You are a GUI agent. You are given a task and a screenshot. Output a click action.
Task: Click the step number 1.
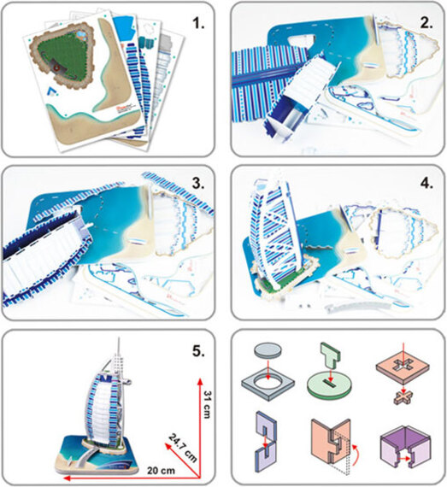click(198, 23)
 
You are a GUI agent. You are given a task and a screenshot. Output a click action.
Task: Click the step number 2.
click(426, 23)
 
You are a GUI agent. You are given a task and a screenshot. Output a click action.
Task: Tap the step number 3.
click(198, 184)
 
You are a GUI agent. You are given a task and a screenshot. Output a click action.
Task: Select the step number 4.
click(426, 184)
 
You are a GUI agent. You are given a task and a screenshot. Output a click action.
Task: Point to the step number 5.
click(198, 351)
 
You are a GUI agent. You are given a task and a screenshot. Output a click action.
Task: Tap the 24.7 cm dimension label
click(183, 448)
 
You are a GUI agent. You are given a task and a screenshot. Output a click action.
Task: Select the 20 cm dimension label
click(161, 470)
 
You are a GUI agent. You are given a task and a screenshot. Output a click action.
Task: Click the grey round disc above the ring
click(268, 351)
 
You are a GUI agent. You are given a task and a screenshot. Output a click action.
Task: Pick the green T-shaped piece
click(331, 356)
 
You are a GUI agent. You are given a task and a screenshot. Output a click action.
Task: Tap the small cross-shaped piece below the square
click(403, 398)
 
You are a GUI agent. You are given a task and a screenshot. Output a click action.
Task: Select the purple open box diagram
click(405, 446)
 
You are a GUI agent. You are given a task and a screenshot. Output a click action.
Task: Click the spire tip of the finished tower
click(119, 337)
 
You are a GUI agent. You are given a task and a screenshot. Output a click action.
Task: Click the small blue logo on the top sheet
click(51, 90)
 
